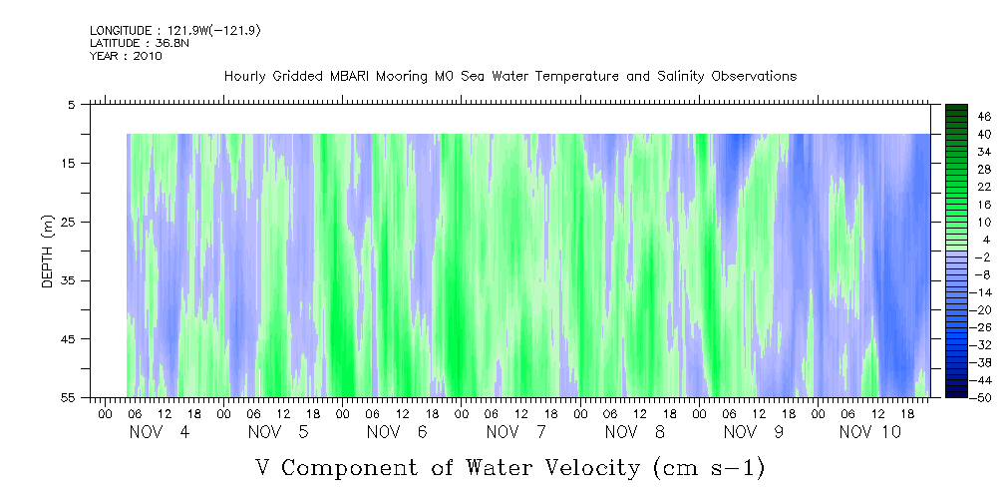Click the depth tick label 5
[72, 104]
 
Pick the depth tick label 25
[69, 222]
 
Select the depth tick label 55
[69, 398]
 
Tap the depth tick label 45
[69, 339]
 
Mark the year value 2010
[147, 56]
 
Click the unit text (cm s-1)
[707, 467]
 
